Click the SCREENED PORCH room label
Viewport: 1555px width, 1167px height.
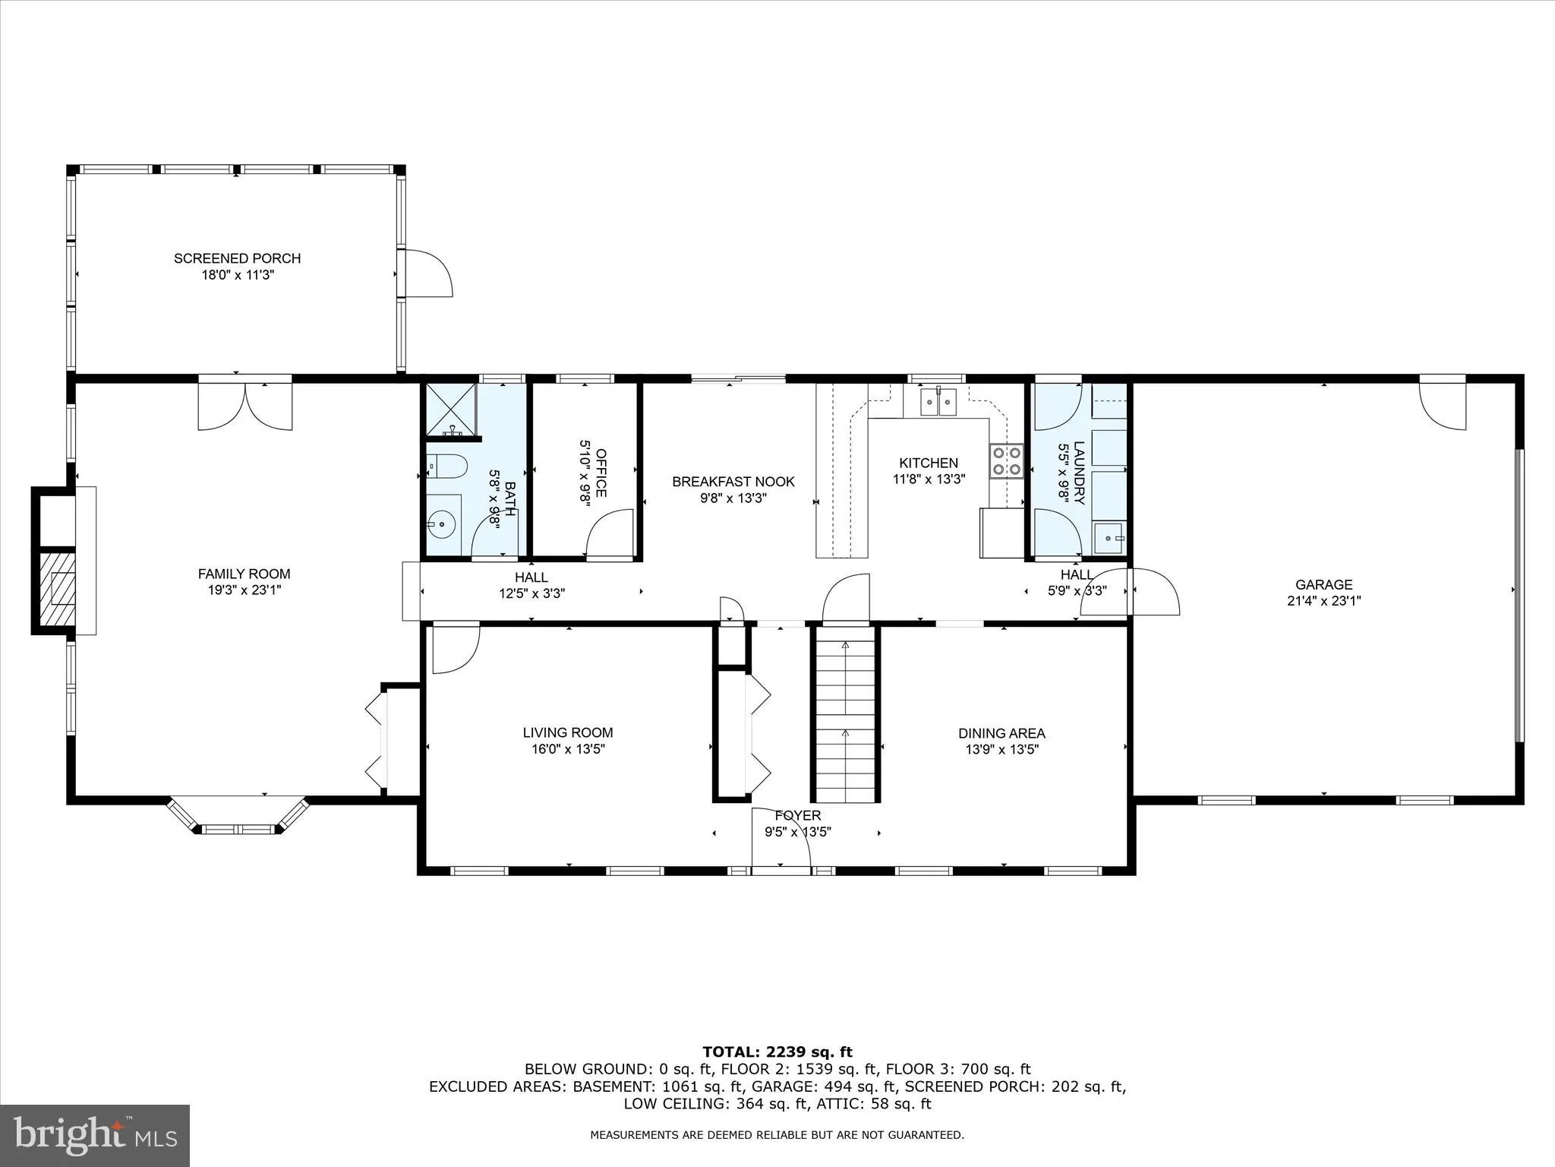pyautogui.click(x=237, y=258)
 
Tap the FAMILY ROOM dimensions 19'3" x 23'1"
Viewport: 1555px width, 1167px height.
pyautogui.click(x=244, y=590)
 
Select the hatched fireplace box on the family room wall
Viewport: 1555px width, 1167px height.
pyautogui.click(x=58, y=589)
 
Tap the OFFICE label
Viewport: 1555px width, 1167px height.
pyautogui.click(x=601, y=473)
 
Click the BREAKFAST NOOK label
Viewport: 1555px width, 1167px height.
pyautogui.click(x=733, y=482)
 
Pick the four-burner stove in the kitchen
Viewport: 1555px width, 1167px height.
pyautogui.click(x=1007, y=461)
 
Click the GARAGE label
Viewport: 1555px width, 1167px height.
pyautogui.click(x=1323, y=584)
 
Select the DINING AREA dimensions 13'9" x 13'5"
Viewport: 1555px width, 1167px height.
pyautogui.click(x=1001, y=749)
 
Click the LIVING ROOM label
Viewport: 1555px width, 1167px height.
pyautogui.click(x=567, y=732)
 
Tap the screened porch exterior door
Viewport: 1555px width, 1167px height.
pyautogui.click(x=427, y=273)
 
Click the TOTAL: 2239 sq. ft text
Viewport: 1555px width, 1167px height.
pyautogui.click(x=777, y=1052)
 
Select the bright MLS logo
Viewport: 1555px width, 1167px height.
pyautogui.click(x=95, y=1136)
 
